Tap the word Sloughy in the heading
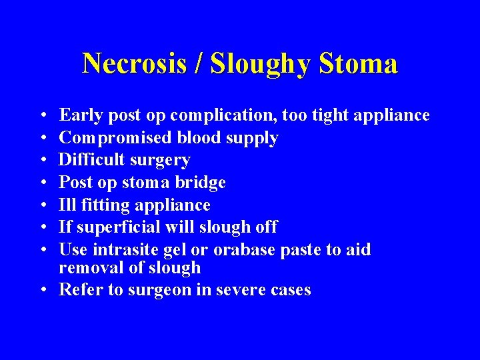[x=261, y=65]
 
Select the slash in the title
[x=201, y=64]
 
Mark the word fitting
[x=103, y=205]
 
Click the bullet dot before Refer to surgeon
[x=42, y=290]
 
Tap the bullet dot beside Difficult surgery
[x=42, y=161]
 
